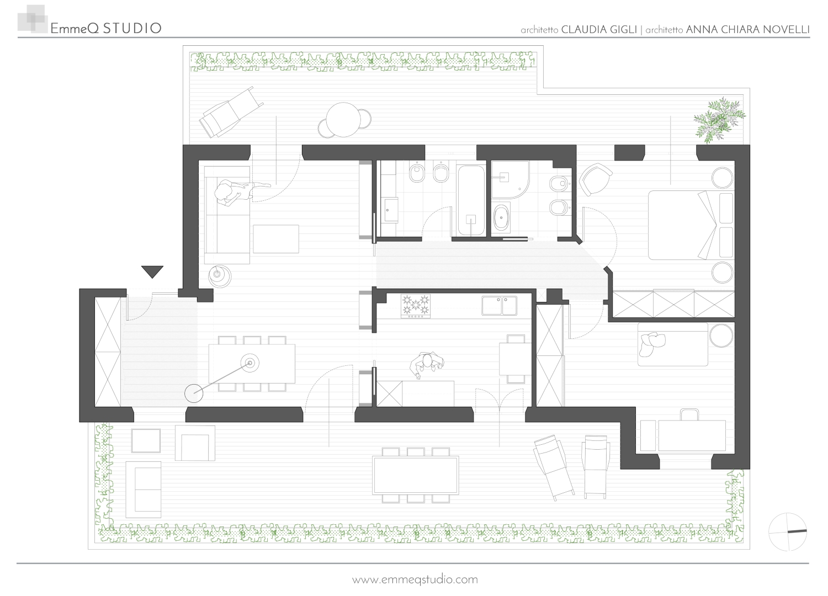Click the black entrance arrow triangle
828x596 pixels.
click(152, 271)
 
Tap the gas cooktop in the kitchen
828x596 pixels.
click(416, 306)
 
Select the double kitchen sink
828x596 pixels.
click(499, 306)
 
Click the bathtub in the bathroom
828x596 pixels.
click(471, 200)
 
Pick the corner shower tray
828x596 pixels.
click(509, 180)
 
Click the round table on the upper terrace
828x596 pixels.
click(344, 119)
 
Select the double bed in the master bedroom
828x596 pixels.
click(691, 225)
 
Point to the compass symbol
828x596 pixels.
click(787, 531)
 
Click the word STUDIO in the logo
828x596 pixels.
click(132, 29)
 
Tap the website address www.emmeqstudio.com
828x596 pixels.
click(415, 579)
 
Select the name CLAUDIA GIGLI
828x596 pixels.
click(599, 30)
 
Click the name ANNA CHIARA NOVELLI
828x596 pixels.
click(748, 30)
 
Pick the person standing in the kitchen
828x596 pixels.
click(427, 365)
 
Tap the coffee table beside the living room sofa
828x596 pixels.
click(276, 239)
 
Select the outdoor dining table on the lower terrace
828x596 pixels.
click(416, 475)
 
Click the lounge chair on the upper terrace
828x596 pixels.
click(231, 111)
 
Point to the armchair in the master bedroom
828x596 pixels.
click(595, 179)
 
